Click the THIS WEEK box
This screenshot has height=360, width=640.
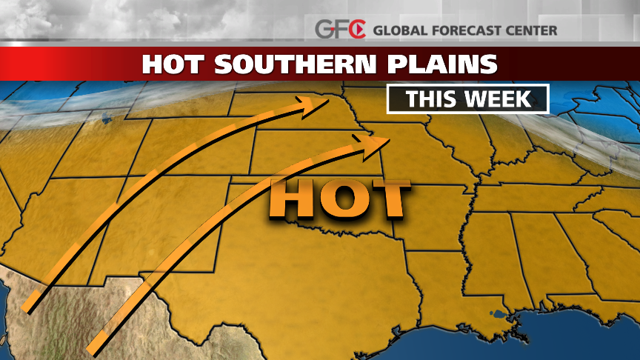[x=467, y=99]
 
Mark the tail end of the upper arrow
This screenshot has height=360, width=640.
[x=30, y=304]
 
